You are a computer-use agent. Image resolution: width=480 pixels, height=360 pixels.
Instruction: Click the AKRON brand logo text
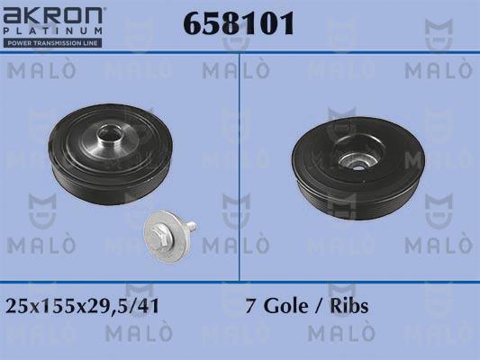point(52,16)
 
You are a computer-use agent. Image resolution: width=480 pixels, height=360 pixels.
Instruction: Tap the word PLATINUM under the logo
point(52,31)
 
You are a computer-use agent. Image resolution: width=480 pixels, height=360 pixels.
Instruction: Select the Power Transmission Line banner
point(52,43)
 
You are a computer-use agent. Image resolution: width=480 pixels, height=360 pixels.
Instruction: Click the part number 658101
point(239,23)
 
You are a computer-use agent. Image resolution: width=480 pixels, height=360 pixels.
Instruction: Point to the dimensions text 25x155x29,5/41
point(82,306)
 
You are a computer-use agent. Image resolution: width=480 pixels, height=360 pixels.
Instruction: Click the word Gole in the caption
point(285,306)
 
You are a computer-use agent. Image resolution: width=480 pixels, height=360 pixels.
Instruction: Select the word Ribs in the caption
point(349,306)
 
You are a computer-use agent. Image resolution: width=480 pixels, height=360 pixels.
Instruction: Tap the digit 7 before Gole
point(251,306)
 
